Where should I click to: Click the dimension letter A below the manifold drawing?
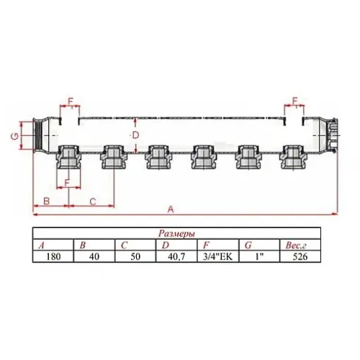[170, 209]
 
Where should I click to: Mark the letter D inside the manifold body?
[135, 135]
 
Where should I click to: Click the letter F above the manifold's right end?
[295, 100]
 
